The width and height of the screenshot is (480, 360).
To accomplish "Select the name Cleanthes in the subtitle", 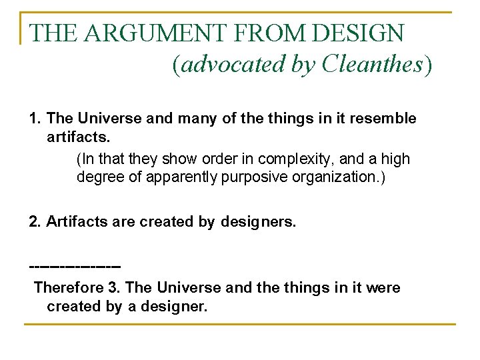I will point(372,64).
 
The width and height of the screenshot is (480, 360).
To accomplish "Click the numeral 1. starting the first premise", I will point(36,119).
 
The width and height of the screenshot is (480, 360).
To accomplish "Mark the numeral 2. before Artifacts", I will point(36,221).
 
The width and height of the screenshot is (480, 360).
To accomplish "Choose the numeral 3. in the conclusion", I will point(114,288).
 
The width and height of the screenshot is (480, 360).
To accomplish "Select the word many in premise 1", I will point(195,119).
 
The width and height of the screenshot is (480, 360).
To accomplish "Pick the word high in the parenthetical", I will point(396,160).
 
